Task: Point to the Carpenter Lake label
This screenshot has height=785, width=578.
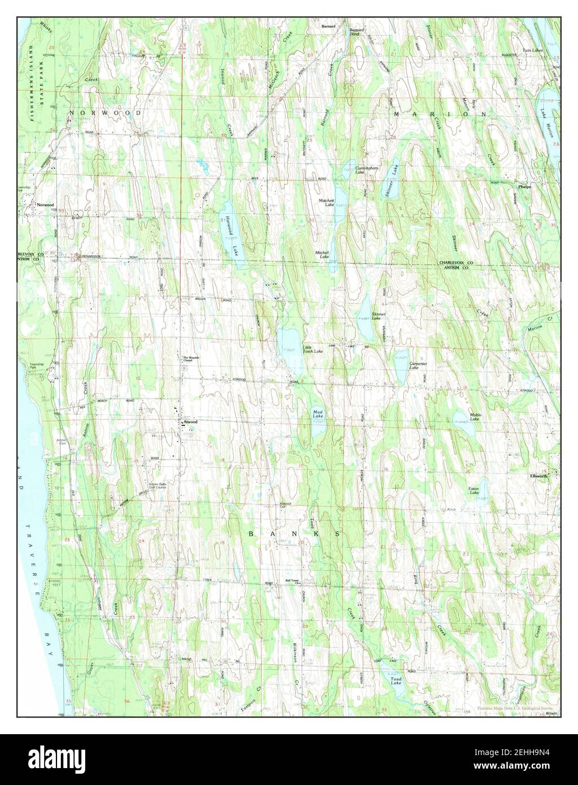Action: point(418,365)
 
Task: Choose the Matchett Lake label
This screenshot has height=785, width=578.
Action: point(327,202)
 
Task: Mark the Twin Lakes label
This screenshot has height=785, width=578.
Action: point(531,50)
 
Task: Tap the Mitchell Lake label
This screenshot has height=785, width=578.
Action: point(322,255)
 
